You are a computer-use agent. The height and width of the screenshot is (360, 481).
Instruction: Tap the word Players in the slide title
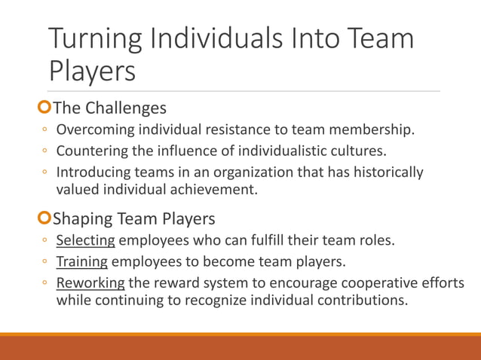92,72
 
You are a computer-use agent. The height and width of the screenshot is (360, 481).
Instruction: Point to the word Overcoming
97,130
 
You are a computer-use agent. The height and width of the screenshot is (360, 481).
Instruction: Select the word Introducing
94,172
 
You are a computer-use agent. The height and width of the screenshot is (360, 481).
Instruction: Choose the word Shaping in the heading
84,219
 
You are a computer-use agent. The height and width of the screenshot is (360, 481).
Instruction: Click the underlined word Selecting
86,241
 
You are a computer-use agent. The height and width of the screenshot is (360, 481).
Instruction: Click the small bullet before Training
45,263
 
